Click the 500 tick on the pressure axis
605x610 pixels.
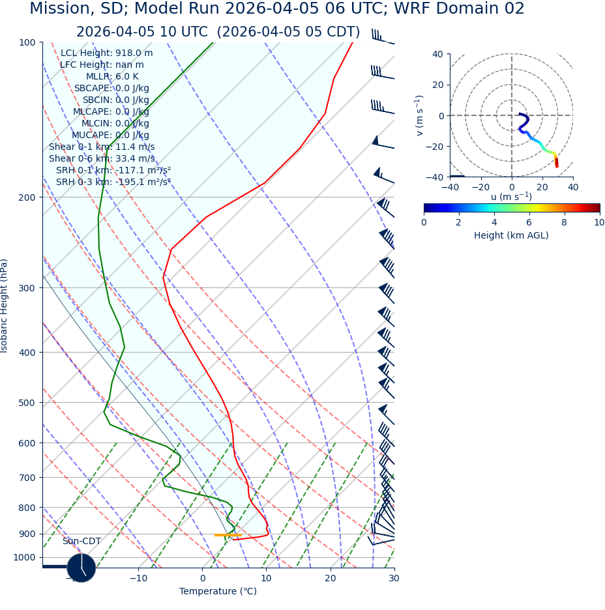point(27,403)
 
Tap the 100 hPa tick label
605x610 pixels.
point(27,42)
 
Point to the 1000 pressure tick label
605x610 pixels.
point(25,557)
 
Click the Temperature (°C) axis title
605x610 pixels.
point(218,591)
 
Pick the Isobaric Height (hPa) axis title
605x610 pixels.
point(5,306)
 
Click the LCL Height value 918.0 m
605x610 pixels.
point(134,53)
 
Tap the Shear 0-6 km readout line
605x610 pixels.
point(102,158)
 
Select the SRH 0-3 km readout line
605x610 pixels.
point(113,182)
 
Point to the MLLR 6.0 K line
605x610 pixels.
point(112,76)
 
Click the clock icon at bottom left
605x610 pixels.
point(81,568)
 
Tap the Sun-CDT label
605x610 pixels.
point(81,541)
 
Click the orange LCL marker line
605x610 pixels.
point(228,535)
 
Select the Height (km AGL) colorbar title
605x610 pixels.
point(511,235)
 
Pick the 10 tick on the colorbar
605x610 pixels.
point(599,222)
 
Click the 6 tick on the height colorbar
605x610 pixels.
point(529,222)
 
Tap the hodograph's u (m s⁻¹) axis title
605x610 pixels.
point(511,197)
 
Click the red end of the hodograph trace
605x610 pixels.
point(556,165)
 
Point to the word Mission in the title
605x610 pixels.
point(59,9)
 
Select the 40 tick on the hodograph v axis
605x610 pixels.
point(438,54)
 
